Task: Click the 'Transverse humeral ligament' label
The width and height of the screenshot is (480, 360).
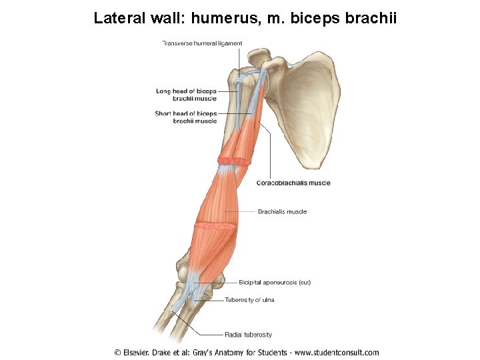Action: point(202,43)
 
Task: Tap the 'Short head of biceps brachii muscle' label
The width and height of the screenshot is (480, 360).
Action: point(186,117)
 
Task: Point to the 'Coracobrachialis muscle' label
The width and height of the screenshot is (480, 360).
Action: point(293,183)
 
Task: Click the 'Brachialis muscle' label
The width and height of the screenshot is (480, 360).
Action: point(282,212)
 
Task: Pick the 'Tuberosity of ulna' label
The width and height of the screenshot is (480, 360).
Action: point(249,300)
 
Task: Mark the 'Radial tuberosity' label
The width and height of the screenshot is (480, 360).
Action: point(248,335)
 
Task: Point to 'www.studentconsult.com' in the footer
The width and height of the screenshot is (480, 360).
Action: point(336,353)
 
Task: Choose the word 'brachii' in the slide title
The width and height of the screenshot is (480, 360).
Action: point(371,18)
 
